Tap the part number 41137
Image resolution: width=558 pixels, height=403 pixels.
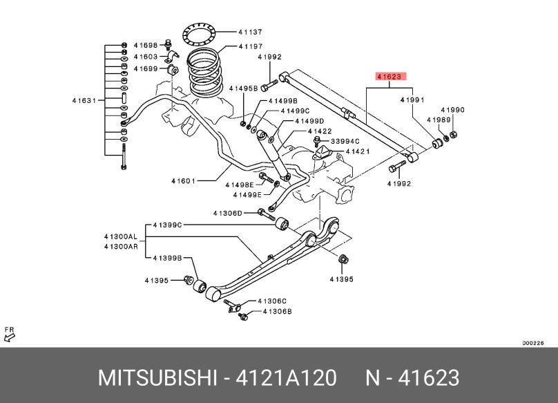tap(249, 32)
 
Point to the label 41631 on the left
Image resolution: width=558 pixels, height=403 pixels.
tap(84, 100)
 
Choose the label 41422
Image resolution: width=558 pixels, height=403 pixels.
tap(320, 131)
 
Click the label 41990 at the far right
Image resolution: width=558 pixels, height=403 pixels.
tap(453, 109)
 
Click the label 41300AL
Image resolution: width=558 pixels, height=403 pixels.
tap(121, 236)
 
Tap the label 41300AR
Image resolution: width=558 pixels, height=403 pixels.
tap(121, 246)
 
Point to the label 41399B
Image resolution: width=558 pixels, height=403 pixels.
tap(167, 258)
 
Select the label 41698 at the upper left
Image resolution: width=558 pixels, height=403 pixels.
tap(146, 44)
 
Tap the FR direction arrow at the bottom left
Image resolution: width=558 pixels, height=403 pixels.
tap(10, 335)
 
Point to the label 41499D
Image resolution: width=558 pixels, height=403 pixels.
tap(309, 121)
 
